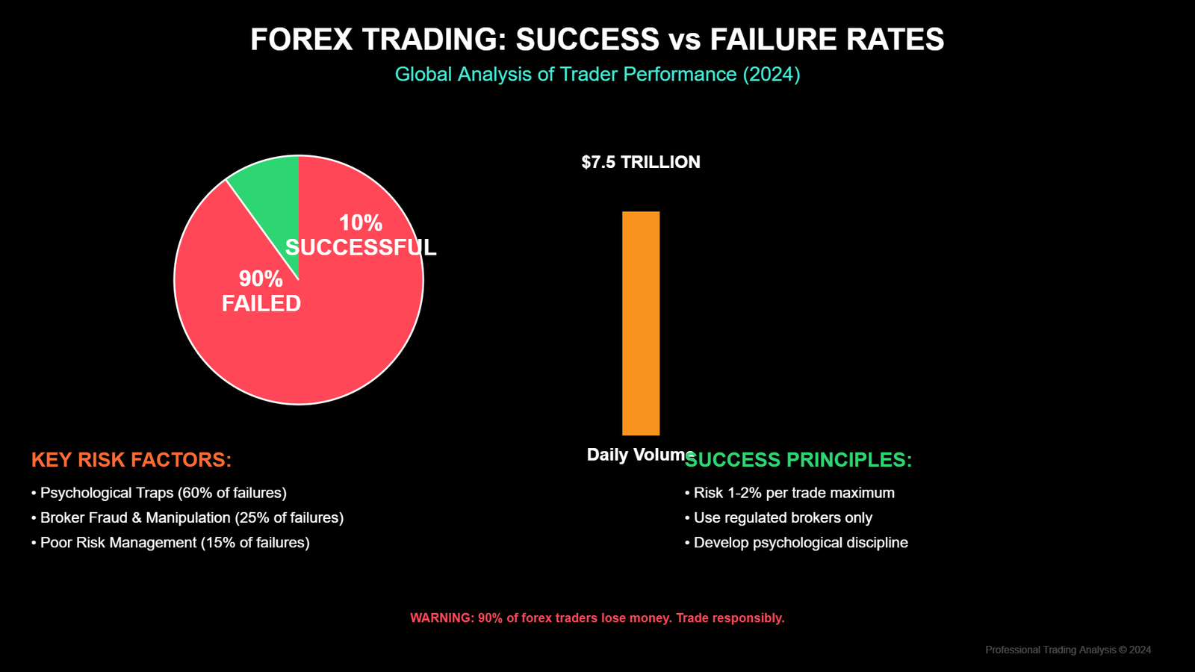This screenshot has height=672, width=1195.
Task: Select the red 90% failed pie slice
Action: [x=314, y=351]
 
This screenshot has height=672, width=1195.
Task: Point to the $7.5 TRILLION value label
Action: [x=641, y=162]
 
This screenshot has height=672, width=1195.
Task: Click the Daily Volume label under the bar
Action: [x=639, y=454]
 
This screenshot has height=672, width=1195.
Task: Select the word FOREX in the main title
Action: [x=301, y=40]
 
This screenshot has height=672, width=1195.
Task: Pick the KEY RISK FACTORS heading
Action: [x=131, y=460]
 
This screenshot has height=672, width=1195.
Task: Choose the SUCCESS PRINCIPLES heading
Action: [x=798, y=460]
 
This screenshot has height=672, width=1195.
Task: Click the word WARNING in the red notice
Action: [x=441, y=618]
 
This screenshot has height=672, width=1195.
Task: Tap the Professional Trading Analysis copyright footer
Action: [x=1067, y=650]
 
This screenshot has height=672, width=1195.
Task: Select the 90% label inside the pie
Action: [x=261, y=279]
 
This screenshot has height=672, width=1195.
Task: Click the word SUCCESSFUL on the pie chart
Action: [x=361, y=248]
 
